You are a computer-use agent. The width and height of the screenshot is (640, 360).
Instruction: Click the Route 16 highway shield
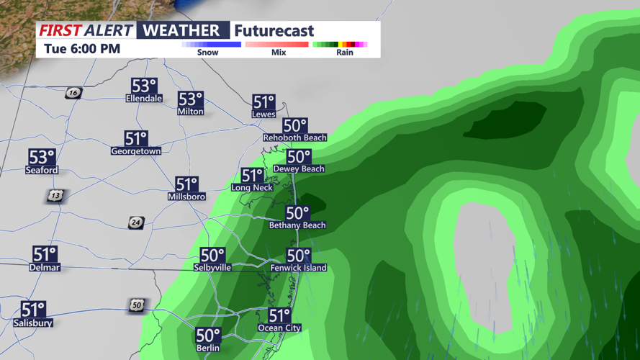tap(73, 93)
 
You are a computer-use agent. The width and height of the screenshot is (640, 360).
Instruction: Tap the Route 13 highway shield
tap(55, 196)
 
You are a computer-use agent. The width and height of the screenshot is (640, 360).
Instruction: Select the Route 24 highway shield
tap(136, 223)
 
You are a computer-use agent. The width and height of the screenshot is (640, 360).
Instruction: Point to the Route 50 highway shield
tap(137, 305)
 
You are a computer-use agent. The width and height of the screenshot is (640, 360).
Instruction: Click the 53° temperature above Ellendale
tap(143, 85)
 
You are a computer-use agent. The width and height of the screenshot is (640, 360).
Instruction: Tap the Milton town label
tap(190, 112)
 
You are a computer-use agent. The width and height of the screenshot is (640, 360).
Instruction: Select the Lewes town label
tap(263, 114)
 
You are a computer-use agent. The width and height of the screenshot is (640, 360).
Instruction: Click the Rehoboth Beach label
tap(294, 138)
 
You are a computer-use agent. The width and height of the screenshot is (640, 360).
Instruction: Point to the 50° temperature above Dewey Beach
tap(299, 156)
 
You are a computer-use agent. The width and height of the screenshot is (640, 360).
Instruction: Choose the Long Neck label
tap(252, 187)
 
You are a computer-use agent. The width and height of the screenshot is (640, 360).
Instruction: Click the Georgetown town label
tap(136, 151)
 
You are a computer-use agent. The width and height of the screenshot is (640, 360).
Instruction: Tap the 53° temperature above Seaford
tap(42, 157)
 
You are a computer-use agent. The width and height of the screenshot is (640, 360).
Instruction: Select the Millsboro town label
tap(186, 197)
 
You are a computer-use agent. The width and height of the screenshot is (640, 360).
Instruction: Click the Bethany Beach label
tap(297, 225)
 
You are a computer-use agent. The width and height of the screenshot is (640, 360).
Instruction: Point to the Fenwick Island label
tap(298, 268)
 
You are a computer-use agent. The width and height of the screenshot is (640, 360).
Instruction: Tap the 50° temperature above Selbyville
tap(212, 255)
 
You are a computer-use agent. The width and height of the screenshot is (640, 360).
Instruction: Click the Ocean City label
tap(279, 328)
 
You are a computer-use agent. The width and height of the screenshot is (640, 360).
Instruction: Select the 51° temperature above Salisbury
tap(33, 310)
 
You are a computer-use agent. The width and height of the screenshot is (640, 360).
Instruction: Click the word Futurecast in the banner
tap(274, 31)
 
